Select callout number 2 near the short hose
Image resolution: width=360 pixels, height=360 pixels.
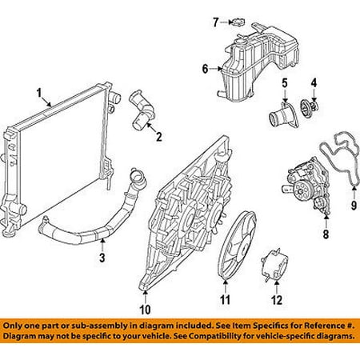[x=158, y=137]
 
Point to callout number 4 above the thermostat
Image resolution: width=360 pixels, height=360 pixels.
[x=314, y=82]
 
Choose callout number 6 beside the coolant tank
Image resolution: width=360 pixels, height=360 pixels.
[x=205, y=70]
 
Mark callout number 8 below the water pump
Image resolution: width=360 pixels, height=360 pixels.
[x=325, y=235]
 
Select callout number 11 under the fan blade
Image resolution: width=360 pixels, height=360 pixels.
[x=226, y=300]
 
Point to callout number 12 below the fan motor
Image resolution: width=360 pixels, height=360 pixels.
[x=277, y=300]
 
